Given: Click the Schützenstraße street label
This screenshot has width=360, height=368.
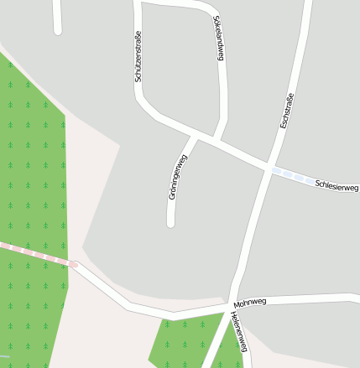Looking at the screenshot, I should point(138,56).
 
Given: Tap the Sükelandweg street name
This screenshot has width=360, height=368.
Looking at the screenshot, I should point(218,39).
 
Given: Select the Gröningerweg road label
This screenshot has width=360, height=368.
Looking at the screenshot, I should point(177,177).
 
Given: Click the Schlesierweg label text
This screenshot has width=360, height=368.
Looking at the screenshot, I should point(337,184).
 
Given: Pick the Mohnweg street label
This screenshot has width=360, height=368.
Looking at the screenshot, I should point(250,301).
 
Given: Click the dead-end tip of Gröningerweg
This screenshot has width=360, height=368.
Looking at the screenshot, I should point(170,223).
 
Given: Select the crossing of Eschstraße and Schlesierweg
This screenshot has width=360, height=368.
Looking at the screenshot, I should point(269,168).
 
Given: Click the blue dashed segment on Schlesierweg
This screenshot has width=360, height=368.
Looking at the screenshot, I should point(290,174).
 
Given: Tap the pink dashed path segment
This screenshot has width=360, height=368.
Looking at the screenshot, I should point(34,254).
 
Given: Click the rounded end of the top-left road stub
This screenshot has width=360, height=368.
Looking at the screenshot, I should point(58,31).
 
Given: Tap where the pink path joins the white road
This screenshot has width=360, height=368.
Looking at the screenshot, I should point(74,264).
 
